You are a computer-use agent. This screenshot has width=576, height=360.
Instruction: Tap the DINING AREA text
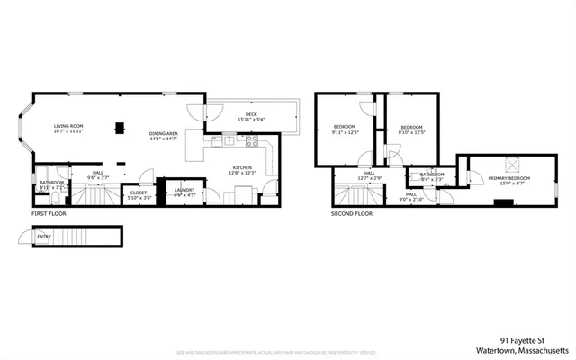[x=163, y=134]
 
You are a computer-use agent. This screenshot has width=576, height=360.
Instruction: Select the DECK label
[x=251, y=114]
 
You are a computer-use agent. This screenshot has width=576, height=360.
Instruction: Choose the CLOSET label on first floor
[x=139, y=192]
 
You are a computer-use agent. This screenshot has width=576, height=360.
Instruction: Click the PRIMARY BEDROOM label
[x=508, y=178]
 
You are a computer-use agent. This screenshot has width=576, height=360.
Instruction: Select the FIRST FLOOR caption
[x=50, y=214]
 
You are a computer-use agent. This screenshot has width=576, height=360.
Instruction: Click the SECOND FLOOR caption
[x=351, y=214]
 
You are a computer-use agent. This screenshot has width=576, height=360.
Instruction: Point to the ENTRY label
[x=43, y=237]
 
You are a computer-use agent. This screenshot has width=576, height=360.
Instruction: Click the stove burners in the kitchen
[x=252, y=139]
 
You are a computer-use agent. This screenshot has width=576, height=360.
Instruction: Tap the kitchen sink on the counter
[x=229, y=139]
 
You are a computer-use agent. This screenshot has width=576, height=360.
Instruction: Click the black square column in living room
[x=119, y=127]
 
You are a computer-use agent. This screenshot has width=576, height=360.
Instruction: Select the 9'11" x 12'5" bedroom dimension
[x=345, y=132]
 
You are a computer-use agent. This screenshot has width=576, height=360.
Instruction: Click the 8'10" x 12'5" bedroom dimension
[x=411, y=133]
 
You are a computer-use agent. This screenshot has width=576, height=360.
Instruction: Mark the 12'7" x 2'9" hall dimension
[x=369, y=178]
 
